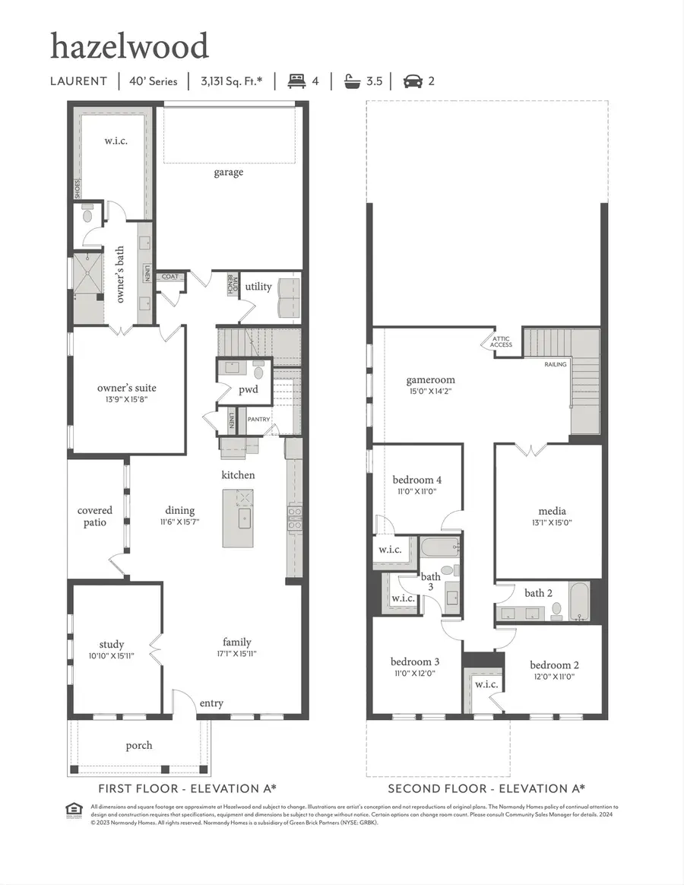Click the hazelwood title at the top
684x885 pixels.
click(129, 46)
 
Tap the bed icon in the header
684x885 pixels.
click(296, 81)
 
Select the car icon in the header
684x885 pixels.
click(413, 81)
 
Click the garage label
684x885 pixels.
click(228, 172)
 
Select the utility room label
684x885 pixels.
click(258, 287)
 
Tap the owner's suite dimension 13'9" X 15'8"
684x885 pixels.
click(126, 400)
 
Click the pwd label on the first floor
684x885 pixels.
click(248, 390)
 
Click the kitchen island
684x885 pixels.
click(238, 518)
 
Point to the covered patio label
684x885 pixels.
click(95, 516)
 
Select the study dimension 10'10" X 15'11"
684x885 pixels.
click(111, 655)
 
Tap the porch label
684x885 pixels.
click(138, 745)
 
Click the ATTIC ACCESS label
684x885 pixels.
click(501, 341)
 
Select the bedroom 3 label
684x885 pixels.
click(414, 661)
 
